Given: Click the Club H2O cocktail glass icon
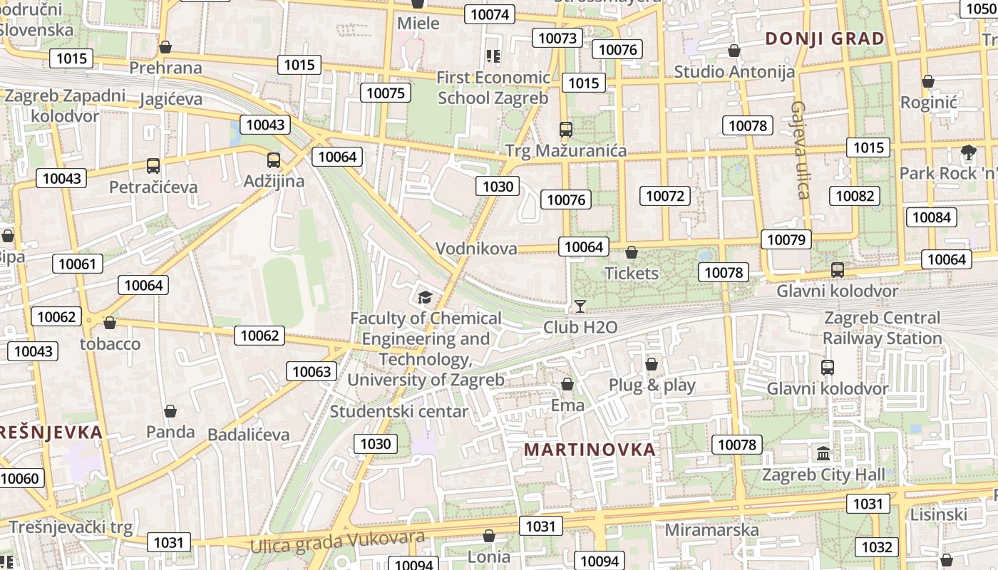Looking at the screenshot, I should [x=580, y=306].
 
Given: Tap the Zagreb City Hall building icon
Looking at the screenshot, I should [x=823, y=453].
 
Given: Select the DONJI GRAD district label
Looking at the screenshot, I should [x=825, y=38].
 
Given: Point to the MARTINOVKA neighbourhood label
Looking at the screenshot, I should [x=590, y=450].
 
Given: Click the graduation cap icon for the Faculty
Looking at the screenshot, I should [x=425, y=297].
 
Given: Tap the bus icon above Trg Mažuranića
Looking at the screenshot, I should [x=566, y=130].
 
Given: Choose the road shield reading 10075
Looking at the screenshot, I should [x=386, y=93].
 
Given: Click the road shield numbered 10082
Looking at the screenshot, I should [x=855, y=196].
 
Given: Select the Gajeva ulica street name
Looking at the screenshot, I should [x=800, y=150].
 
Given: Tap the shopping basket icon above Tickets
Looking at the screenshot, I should [x=631, y=252].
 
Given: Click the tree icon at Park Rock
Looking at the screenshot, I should [x=968, y=152].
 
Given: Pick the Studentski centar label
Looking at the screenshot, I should [x=399, y=412].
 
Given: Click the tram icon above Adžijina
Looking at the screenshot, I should [x=274, y=160].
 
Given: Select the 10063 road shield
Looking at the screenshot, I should [x=312, y=371].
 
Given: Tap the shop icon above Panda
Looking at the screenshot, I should [x=170, y=411].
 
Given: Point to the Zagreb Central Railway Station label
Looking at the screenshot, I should [x=882, y=328].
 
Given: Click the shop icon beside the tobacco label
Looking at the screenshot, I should [x=109, y=323].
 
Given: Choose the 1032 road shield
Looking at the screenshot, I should [x=876, y=546].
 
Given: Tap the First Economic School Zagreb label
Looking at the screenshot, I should [x=493, y=87].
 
